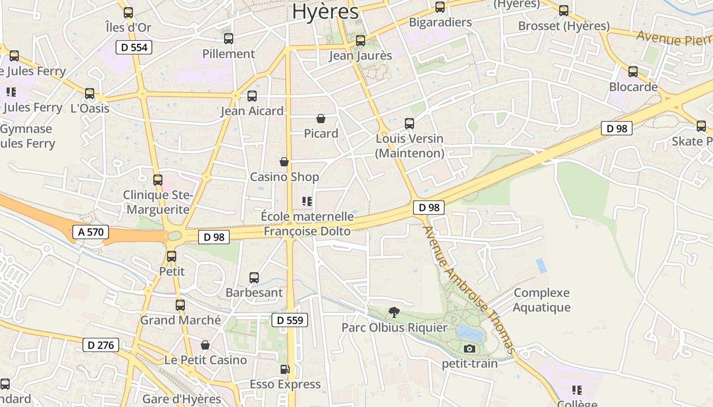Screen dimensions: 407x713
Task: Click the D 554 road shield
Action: [x=134, y=48]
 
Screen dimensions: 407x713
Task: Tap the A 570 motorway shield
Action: [x=91, y=232]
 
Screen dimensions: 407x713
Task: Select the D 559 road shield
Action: [x=290, y=320]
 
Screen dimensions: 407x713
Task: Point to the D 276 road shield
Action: [x=101, y=345]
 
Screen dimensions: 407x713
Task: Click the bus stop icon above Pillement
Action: [x=229, y=38]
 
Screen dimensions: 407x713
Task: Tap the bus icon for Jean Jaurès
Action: [x=361, y=40]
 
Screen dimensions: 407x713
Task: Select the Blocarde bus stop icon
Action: [x=633, y=72]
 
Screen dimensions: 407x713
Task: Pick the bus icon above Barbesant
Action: [x=254, y=278]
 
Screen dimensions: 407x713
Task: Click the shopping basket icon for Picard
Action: [x=321, y=119]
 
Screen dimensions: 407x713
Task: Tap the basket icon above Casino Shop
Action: [x=284, y=162]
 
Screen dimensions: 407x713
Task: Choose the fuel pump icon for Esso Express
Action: [x=285, y=369]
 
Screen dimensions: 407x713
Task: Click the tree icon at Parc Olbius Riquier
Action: [x=394, y=312]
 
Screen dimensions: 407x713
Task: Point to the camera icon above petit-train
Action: [x=470, y=348]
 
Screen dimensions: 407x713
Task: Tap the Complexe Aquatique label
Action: [x=541, y=300]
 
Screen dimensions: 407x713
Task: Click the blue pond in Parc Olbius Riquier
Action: [x=470, y=333]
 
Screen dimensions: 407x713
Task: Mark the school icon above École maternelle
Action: [x=307, y=201]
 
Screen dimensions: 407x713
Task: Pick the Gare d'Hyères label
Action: [x=182, y=399]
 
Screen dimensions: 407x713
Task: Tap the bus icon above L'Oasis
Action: [x=90, y=94]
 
